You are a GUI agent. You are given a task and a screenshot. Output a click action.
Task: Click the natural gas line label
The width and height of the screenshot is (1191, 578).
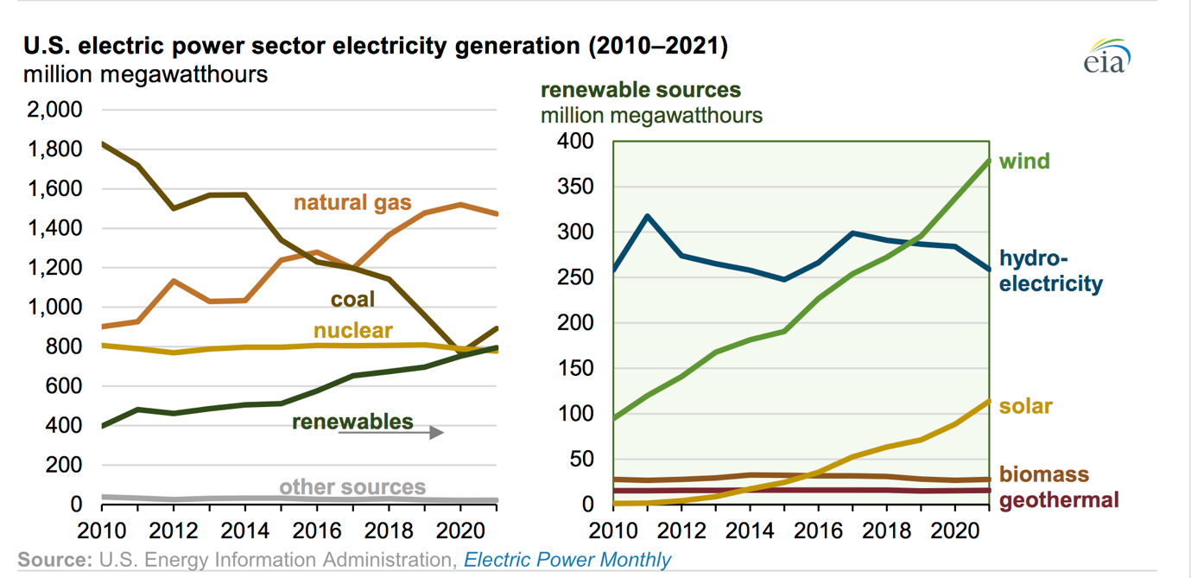click(x=352, y=203)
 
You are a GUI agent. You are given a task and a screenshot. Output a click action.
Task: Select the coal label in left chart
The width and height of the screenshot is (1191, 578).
click(x=352, y=299)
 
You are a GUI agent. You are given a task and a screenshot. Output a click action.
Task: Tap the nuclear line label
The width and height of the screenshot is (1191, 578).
click(x=352, y=330)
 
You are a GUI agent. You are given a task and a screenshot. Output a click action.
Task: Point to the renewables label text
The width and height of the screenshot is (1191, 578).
click(x=352, y=422)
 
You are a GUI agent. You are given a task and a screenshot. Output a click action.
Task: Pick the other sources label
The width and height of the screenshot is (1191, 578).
click(x=352, y=487)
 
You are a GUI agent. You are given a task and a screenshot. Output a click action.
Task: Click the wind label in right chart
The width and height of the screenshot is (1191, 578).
click(x=1024, y=161)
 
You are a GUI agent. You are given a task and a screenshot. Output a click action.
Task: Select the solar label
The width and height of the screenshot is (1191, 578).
click(x=1025, y=406)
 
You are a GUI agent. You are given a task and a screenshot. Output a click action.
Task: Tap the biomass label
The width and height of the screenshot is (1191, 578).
click(x=1043, y=474)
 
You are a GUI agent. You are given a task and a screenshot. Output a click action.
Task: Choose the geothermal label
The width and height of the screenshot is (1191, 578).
click(x=1059, y=499)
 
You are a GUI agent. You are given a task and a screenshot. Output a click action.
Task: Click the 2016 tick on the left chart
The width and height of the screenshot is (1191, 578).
click(x=317, y=527)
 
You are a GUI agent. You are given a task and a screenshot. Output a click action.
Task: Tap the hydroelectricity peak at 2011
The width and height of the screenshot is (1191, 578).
click(x=647, y=216)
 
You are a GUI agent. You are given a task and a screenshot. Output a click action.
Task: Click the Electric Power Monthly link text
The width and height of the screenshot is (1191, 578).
click(x=567, y=560)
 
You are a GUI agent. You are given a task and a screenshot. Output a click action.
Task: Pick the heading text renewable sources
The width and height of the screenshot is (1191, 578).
click(x=640, y=90)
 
